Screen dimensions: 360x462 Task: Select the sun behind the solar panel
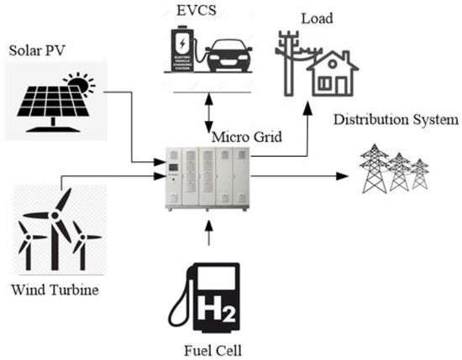[x=82, y=84]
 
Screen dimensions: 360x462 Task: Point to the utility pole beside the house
[x=292, y=63]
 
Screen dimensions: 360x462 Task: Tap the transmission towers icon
[x=396, y=171]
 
